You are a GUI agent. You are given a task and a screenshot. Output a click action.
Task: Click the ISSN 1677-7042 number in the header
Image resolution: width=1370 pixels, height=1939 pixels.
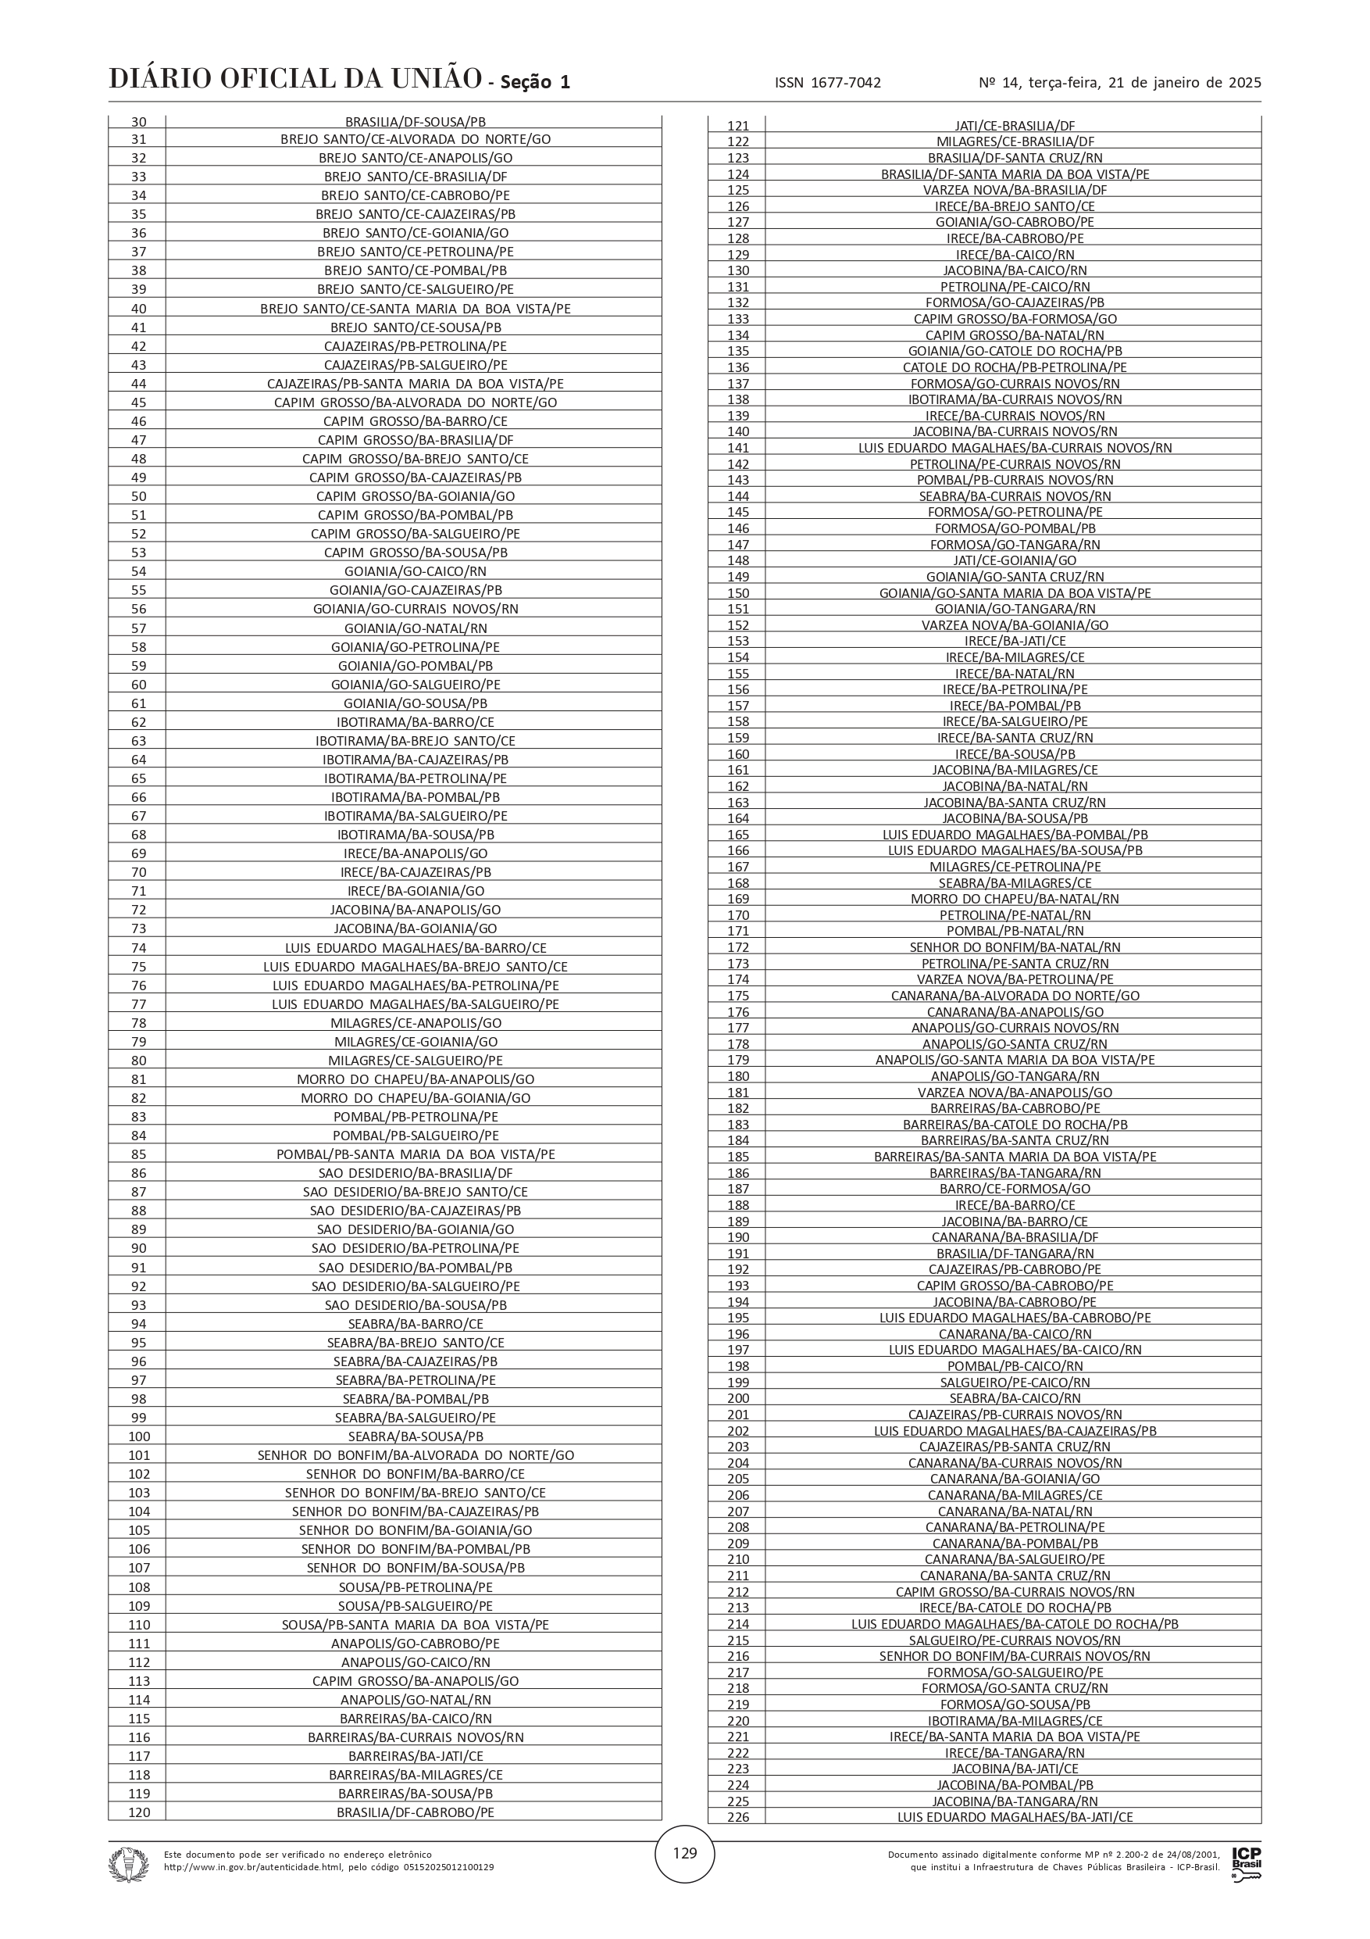(827, 83)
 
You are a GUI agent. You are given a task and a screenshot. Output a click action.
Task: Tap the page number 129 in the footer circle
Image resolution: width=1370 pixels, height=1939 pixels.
(684, 1853)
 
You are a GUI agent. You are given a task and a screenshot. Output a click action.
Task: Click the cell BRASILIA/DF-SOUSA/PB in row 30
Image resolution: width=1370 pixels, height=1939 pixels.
(416, 122)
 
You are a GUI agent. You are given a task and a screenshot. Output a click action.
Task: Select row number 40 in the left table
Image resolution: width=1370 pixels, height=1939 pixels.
(139, 309)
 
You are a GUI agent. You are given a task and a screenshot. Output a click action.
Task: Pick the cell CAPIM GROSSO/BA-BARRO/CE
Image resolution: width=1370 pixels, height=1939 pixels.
(416, 421)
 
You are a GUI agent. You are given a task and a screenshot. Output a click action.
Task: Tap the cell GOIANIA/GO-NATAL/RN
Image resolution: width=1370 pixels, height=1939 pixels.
(416, 628)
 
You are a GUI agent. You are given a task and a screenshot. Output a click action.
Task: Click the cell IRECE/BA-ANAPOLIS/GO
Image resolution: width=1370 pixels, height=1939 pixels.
(416, 853)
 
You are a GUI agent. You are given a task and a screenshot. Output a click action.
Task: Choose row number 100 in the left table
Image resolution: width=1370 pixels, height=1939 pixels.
(139, 1436)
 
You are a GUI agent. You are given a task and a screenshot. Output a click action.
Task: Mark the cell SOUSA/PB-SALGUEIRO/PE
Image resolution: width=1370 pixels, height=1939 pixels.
(416, 1606)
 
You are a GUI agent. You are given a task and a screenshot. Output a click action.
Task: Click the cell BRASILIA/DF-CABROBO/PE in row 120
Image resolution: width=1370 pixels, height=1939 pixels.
(416, 1812)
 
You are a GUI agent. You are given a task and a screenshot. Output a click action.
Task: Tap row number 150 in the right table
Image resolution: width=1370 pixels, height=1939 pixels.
(738, 593)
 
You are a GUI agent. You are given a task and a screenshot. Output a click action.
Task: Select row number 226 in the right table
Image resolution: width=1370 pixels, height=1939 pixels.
(738, 1816)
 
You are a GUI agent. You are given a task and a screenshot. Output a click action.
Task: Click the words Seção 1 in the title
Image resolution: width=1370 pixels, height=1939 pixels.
(535, 82)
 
